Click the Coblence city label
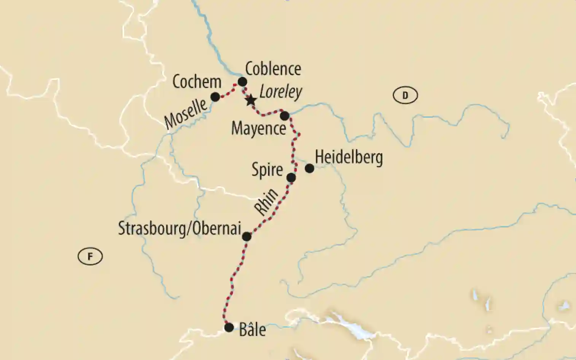click(x=273, y=69)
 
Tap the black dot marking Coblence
click(x=242, y=82)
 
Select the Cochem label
click(x=197, y=82)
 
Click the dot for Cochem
click(x=215, y=97)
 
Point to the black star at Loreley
click(x=250, y=101)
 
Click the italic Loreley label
click(x=281, y=92)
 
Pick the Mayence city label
click(x=259, y=128)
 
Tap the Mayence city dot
click(x=285, y=116)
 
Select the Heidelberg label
click(x=349, y=157)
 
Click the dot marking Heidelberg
click(x=310, y=168)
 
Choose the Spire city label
click(x=267, y=170)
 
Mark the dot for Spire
click(x=291, y=178)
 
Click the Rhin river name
click(x=266, y=202)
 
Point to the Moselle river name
click(x=186, y=114)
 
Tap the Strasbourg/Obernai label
click(x=180, y=228)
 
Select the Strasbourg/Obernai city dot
click(x=247, y=236)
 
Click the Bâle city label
click(x=252, y=330)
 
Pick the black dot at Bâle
click(x=229, y=327)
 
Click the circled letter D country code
click(x=405, y=95)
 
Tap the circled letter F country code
click(x=90, y=257)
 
